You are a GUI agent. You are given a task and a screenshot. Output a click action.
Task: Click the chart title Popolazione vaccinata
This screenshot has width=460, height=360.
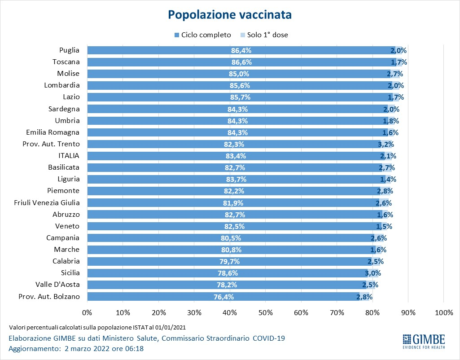coord(230,15)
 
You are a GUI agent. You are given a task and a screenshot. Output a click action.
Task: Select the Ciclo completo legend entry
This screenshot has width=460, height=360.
coord(202,35)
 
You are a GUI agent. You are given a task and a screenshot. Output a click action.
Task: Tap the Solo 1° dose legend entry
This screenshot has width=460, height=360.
coord(264,35)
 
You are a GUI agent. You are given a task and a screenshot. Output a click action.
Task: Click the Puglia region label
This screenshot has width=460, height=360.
coord(70,50)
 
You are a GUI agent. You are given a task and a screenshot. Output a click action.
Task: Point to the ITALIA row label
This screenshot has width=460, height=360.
coord(69,155)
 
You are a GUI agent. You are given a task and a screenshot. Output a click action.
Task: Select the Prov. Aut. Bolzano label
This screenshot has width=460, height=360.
coord(49,296)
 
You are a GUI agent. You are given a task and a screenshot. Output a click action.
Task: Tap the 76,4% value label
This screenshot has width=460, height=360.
coord(223,296)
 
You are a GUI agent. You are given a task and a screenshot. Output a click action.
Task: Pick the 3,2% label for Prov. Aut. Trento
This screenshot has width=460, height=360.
coord(386,144)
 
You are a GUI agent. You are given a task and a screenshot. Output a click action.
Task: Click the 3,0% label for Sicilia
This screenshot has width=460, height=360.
coord(372,273)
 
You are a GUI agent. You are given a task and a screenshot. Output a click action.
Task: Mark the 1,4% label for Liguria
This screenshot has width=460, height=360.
coord(388,179)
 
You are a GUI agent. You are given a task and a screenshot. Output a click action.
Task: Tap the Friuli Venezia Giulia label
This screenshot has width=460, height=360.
coord(47,202)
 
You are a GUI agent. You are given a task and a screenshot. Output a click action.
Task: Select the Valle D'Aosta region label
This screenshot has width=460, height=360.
coord(57,285)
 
